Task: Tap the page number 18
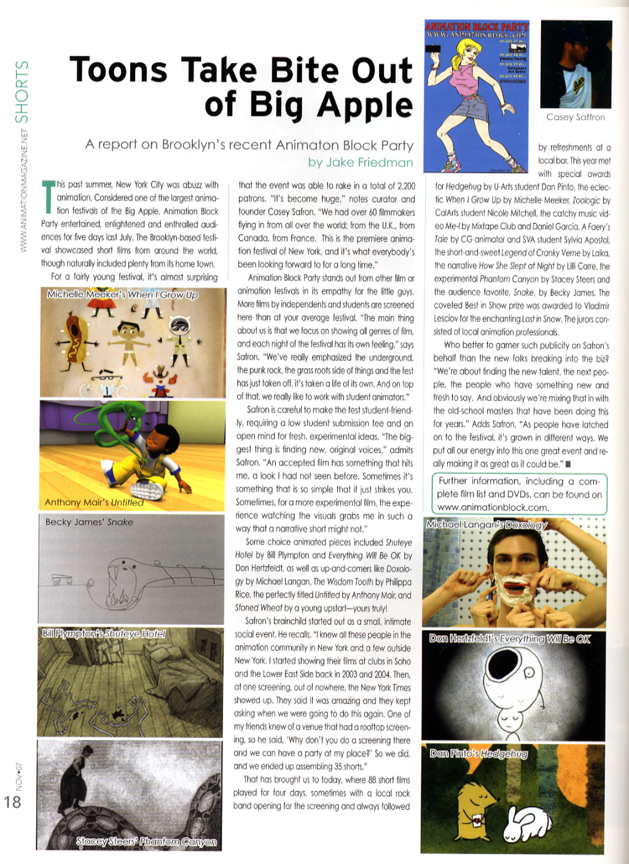(x=12, y=801)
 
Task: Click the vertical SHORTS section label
(x=22, y=92)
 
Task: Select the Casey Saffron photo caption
(x=576, y=117)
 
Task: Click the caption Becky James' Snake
(x=89, y=522)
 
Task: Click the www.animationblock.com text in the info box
(x=493, y=507)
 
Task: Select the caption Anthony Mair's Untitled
(x=94, y=502)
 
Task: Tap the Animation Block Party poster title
(x=477, y=26)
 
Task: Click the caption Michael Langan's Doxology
(x=486, y=524)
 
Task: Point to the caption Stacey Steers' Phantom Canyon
(x=146, y=841)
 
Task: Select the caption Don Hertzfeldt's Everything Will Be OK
(x=510, y=639)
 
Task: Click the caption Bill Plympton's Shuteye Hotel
(x=104, y=633)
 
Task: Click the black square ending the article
(x=568, y=464)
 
